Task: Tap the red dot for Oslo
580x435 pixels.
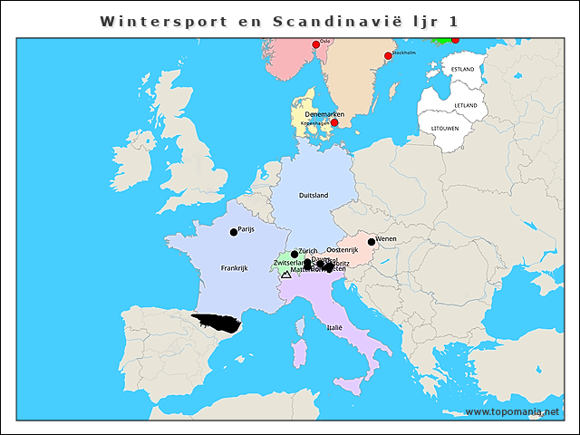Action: click(x=315, y=44)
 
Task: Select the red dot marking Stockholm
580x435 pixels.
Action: click(x=388, y=56)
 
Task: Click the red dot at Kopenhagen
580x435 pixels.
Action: click(x=333, y=122)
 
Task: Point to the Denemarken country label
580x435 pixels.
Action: click(x=324, y=113)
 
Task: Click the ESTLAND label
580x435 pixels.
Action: click(x=462, y=69)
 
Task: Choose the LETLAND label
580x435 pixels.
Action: click(x=466, y=105)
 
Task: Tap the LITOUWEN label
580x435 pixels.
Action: click(x=445, y=128)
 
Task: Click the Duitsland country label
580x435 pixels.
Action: click(x=314, y=195)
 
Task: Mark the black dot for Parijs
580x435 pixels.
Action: click(x=234, y=232)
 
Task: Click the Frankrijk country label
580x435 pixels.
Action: click(x=234, y=268)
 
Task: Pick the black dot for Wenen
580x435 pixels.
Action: click(x=372, y=241)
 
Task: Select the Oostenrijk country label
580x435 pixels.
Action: click(x=343, y=249)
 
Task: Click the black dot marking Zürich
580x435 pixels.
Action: click(x=294, y=255)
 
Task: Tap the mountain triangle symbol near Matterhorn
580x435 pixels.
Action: click(x=285, y=273)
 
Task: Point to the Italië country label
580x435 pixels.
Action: click(x=335, y=326)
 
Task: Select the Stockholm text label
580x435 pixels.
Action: click(x=403, y=53)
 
